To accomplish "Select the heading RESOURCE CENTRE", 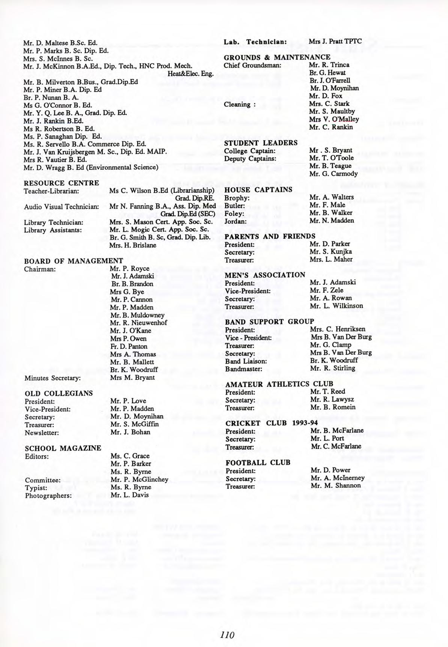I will point(62,183).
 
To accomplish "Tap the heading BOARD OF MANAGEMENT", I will point(74,261).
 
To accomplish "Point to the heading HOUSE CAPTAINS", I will point(258,190).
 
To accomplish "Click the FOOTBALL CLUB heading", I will point(258,463).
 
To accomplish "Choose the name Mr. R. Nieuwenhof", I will point(139,323).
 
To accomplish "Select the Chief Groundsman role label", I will point(252,65).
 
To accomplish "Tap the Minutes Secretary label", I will point(53,378).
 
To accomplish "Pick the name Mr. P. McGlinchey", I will point(139,479).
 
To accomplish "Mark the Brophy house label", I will point(237,198).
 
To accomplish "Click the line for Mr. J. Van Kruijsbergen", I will point(95,152).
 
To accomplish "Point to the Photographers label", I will point(48,495).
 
